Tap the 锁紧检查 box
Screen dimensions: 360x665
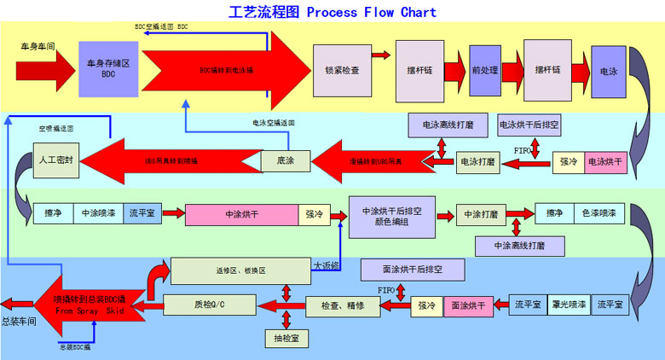pos(342,70)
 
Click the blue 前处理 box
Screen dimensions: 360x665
pos(483,71)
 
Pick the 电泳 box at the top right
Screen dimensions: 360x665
pos(608,71)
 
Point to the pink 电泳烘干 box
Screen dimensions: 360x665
pos(606,160)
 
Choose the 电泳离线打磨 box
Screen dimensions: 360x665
pos(448,125)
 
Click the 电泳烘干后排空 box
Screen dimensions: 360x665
pos(529,125)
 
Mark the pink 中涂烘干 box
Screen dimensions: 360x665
pos(240,213)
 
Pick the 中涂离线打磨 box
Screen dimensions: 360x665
pos(519,245)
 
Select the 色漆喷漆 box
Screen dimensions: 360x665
pos(598,212)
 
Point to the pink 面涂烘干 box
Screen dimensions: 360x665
pos(467,305)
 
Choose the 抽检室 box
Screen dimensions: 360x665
pos(286,338)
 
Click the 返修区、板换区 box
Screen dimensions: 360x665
pos(240,270)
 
